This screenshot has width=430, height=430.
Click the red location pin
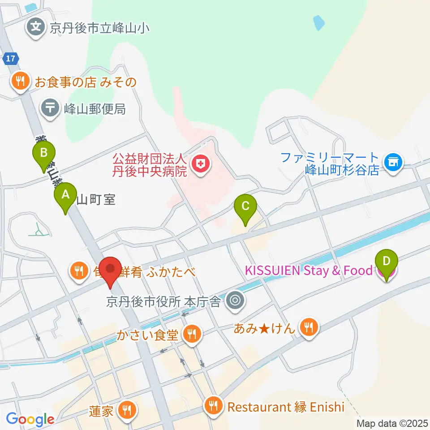pos(110,270)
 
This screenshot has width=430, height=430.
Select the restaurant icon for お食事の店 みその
pos(20,81)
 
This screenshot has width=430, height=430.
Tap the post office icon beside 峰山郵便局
pos(50,108)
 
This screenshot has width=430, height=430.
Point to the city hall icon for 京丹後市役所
pos(234,301)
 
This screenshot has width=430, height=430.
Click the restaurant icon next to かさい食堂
pos(193,333)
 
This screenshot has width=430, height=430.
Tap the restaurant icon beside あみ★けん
pos(309,328)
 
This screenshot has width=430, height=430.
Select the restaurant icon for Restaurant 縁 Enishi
pos(214,406)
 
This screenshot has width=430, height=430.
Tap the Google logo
pos(30,420)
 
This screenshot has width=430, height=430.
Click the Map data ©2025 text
pos(392,423)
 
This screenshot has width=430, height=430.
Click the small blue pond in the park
pos(319,22)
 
